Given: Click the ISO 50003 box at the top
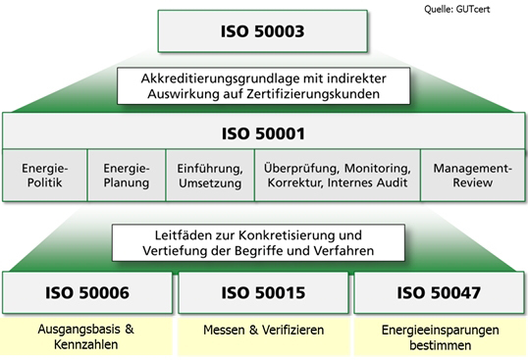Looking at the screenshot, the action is tap(262, 31).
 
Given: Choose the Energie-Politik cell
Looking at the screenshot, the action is tap(45, 174).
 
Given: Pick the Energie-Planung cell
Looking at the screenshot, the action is tap(126, 174).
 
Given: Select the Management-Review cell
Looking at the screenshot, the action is tap(473, 174).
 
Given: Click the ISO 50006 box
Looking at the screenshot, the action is tap(88, 292).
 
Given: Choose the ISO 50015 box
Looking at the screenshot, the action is tap(264, 292).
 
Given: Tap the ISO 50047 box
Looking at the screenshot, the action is tap(440, 292).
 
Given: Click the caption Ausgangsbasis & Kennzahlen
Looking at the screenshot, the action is tap(88, 335).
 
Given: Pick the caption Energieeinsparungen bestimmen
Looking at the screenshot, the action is tap(440, 335).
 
